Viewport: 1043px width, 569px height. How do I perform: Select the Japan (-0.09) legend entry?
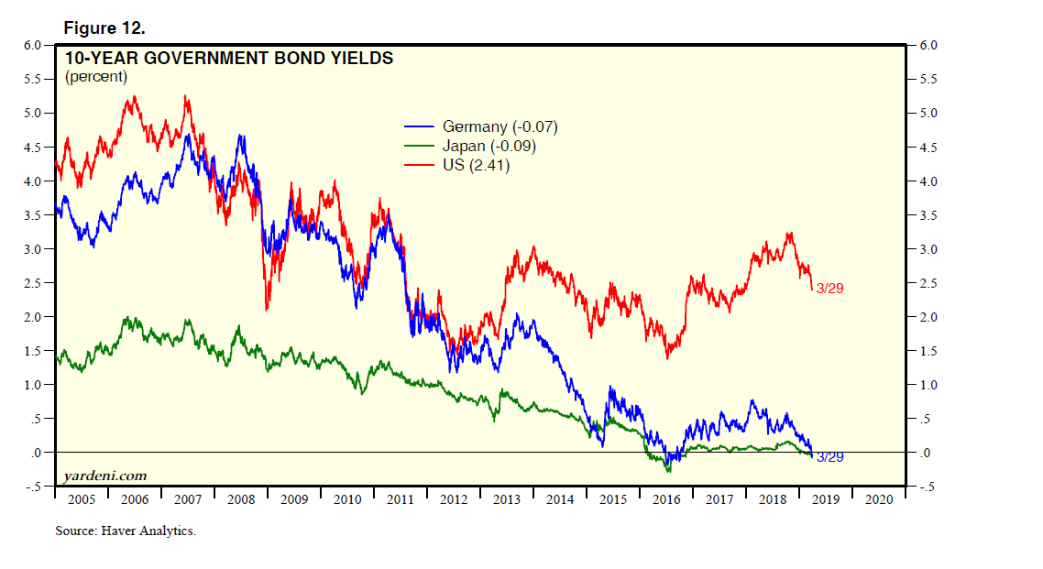click(489, 147)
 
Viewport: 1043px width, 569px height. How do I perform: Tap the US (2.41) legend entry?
click(476, 166)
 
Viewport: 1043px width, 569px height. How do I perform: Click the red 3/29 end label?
click(829, 288)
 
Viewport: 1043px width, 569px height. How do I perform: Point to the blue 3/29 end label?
click(829, 456)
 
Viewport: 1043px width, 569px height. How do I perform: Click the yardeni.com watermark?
click(105, 476)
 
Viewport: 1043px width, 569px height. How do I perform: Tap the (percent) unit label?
click(96, 77)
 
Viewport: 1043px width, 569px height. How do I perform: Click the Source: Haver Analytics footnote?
click(126, 531)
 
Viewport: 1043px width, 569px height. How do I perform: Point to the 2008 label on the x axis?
click(240, 499)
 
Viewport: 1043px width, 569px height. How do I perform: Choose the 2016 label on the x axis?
click(666, 499)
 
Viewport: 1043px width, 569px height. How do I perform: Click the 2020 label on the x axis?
click(879, 499)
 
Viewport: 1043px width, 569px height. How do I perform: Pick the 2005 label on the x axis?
click(81, 499)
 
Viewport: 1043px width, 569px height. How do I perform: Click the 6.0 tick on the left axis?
click(33, 45)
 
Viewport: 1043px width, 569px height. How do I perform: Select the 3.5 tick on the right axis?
click(928, 215)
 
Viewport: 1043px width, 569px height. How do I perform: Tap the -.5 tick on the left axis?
click(32, 487)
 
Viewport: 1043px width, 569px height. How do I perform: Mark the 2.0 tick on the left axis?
click(33, 317)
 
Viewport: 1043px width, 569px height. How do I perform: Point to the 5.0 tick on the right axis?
click(928, 114)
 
